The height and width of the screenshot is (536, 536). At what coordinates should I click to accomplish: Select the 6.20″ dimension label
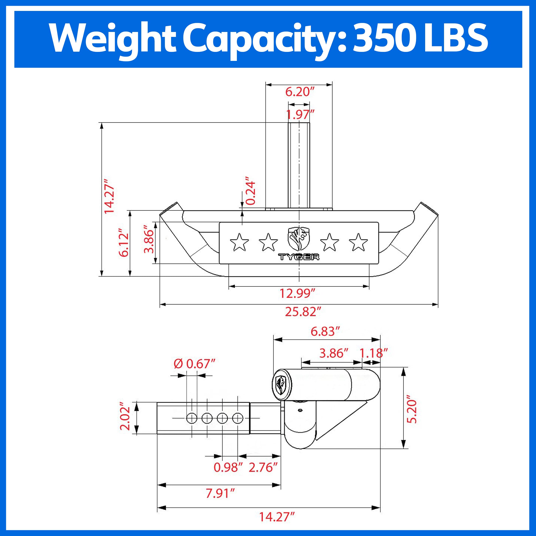[299, 92]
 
